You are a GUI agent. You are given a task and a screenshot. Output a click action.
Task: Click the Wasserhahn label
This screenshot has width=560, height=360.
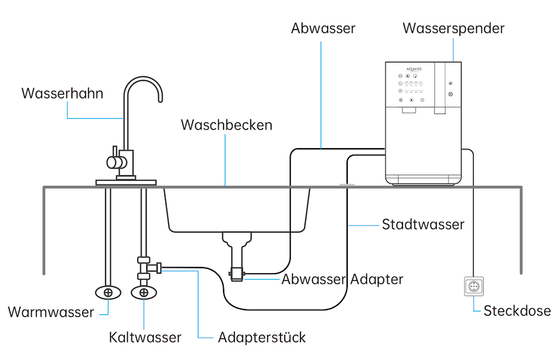[62, 94]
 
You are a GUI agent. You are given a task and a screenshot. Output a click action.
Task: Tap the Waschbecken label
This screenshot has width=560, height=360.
[227, 125]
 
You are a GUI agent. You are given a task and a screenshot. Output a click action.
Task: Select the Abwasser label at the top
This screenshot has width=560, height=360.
[323, 28]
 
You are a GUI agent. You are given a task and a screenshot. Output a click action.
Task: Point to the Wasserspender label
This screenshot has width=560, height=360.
[453, 28]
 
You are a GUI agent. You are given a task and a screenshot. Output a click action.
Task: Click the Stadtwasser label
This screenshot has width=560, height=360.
[423, 225]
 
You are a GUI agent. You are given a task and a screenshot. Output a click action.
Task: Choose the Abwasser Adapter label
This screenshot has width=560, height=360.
[342, 279]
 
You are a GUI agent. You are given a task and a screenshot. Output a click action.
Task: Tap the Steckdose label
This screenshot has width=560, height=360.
[517, 311]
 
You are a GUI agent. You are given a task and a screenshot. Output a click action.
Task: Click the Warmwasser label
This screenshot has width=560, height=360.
[51, 313]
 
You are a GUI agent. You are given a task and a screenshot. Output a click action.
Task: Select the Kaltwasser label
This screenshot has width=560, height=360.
[145, 337]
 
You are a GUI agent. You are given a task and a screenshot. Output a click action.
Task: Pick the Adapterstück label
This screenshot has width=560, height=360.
[262, 337]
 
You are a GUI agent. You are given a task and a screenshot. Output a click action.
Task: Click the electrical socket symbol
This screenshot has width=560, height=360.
[474, 287]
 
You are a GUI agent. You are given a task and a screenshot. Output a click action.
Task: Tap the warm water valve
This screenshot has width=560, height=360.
[108, 292]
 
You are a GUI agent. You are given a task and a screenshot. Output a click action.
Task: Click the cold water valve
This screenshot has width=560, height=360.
[144, 292]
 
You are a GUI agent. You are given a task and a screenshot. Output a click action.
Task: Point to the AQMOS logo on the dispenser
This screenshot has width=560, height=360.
[414, 70]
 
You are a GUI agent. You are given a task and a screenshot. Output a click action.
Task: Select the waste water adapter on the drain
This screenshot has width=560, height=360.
[237, 275]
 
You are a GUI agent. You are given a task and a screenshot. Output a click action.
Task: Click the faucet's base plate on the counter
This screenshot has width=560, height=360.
[127, 181]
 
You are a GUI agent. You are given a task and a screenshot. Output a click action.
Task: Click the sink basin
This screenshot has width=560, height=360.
[238, 210]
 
